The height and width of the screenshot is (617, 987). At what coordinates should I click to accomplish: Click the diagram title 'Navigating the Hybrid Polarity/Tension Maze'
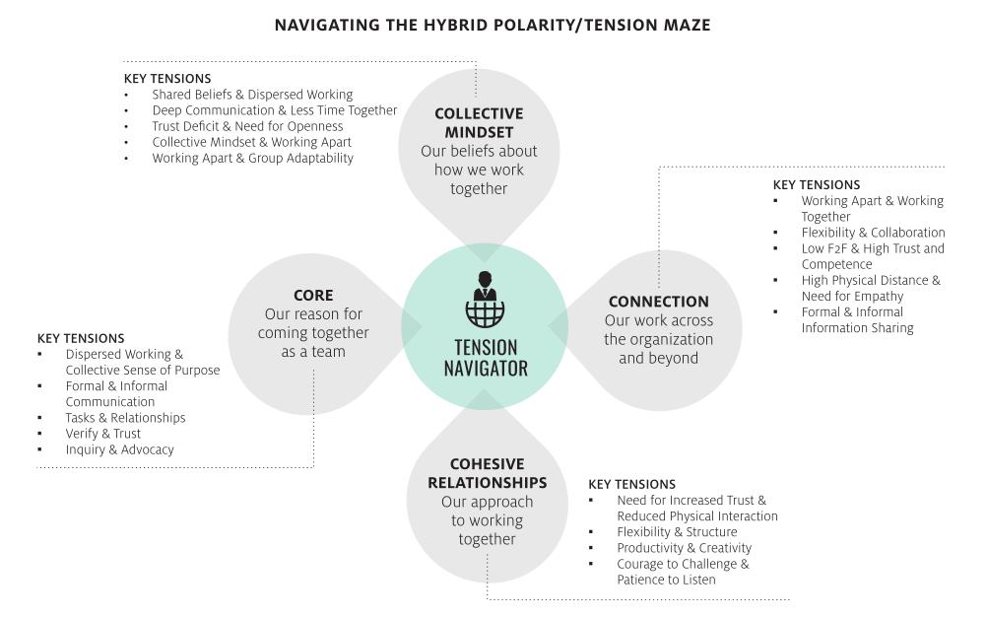[x=493, y=25]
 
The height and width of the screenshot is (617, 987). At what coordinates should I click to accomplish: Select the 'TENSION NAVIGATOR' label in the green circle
[x=486, y=358]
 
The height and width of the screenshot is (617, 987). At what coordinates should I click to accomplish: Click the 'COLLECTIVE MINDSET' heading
[x=479, y=123]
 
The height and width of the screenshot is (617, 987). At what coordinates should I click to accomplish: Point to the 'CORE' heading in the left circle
[x=313, y=295]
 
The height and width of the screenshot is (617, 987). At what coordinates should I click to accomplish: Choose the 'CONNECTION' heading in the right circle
[x=658, y=302]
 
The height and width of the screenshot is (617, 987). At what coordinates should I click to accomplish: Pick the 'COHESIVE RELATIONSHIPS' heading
[x=487, y=473]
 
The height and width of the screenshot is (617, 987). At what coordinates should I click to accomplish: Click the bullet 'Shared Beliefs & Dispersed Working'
[x=252, y=95]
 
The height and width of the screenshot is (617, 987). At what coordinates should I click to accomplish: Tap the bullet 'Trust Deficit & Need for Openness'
[x=247, y=126]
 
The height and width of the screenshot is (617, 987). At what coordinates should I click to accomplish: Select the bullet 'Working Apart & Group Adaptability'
[x=252, y=158]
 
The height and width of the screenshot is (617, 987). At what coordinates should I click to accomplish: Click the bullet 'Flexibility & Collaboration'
[x=873, y=233]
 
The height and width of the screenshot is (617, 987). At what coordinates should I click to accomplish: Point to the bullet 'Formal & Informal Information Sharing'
[x=857, y=319]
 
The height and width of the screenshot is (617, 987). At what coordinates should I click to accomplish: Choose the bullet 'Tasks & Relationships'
[x=125, y=417]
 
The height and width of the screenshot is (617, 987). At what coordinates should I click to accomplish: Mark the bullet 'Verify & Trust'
[x=103, y=433]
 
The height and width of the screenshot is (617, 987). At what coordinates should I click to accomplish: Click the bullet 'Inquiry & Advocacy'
[x=119, y=449]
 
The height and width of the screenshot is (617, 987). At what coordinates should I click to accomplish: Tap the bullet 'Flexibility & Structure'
[x=677, y=531]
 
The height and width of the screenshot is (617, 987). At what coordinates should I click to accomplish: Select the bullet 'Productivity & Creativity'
[x=684, y=548]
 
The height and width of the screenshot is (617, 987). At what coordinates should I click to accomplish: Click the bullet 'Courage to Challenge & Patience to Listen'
[x=683, y=572]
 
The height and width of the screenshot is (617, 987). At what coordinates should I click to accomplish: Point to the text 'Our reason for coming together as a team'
[x=313, y=332]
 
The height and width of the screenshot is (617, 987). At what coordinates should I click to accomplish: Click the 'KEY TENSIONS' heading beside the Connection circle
[x=817, y=184]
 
